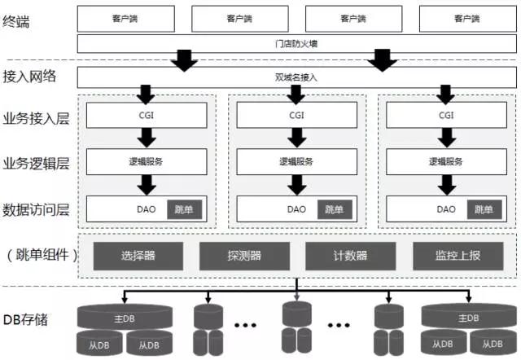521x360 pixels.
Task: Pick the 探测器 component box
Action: [244, 256]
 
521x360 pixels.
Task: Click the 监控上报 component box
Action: [458, 256]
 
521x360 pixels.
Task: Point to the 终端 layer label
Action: [17, 22]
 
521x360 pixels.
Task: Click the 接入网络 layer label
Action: [30, 77]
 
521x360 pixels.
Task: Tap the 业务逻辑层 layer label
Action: [36, 162]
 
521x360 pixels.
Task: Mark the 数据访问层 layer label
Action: [36, 209]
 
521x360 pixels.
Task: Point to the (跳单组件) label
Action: [42, 255]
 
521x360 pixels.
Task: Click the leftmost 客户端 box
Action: [127, 17]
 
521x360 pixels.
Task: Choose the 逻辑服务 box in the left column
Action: [147, 162]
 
